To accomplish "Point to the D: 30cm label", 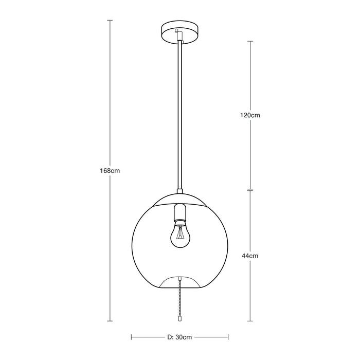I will click(x=180, y=337).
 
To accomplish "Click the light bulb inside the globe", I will click(x=179, y=235).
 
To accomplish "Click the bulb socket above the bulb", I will click(x=179, y=213).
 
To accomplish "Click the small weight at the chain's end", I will click(x=179, y=319).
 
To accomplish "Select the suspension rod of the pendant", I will click(x=179, y=113).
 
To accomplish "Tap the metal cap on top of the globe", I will click(x=179, y=199).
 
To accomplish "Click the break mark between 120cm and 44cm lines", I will click(x=250, y=190).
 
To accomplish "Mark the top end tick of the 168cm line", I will click(x=110, y=20).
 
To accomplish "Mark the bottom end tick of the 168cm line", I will click(x=110, y=321).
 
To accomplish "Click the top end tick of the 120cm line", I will click(x=250, y=41).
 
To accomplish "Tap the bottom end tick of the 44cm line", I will click(x=250, y=321).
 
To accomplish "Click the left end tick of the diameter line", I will click(x=132, y=337).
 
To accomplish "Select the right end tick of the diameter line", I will click(x=228, y=337).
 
